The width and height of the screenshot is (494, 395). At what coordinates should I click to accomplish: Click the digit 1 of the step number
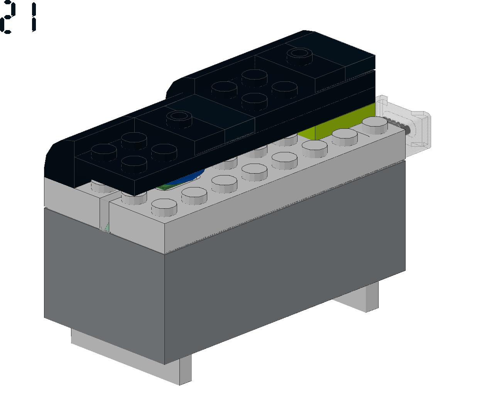(34, 17)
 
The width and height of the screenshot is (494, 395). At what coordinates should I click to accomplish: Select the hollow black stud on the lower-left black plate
(179, 119)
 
